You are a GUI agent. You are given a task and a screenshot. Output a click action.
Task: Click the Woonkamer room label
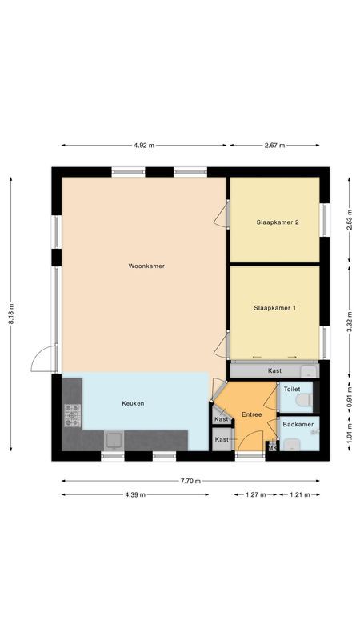point(146,266)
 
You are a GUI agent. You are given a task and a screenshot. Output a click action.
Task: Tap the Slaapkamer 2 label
point(278,222)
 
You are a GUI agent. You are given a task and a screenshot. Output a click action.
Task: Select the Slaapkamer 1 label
point(274,307)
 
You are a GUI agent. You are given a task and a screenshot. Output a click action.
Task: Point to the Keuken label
point(133,403)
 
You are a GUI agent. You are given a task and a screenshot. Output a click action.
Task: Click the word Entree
point(251,414)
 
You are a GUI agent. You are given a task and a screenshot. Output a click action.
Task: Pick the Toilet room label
point(292,389)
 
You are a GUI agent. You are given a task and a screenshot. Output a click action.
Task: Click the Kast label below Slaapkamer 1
point(274,370)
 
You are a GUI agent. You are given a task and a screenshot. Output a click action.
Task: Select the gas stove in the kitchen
point(73,414)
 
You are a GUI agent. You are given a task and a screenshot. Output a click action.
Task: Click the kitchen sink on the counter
point(114,439)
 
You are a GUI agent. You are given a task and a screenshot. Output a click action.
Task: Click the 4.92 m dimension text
point(144,146)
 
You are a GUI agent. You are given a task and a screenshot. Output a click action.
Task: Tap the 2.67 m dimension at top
point(274,146)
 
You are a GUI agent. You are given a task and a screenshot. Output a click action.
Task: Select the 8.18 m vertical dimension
point(11,314)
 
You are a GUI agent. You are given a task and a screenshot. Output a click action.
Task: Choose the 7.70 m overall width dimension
point(190,481)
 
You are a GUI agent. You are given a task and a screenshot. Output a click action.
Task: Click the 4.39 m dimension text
point(135,494)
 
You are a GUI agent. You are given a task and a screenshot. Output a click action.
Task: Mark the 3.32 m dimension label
point(349,320)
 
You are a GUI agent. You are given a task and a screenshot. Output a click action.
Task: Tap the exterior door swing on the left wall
point(43,359)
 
